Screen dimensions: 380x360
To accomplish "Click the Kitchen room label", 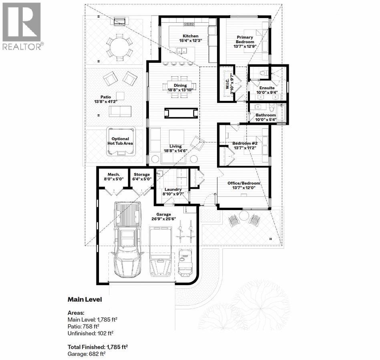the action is (x=191, y=36).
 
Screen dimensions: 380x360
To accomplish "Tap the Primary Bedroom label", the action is (x=245, y=40).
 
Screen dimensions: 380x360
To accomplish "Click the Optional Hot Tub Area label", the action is (x=120, y=141).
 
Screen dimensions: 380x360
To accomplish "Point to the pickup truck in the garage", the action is (x=127, y=239).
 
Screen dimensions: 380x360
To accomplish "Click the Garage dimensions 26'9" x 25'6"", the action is (x=164, y=219).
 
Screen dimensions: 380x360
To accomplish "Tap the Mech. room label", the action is (x=114, y=174).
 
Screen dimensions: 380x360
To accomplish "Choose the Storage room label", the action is (x=142, y=174).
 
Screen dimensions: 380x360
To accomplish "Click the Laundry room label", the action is (x=173, y=189).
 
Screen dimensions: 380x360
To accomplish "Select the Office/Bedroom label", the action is (x=243, y=183).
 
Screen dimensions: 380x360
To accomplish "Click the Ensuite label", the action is (x=267, y=88).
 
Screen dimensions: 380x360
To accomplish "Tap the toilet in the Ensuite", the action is (x=264, y=73).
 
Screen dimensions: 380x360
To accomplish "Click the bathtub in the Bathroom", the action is (x=281, y=112).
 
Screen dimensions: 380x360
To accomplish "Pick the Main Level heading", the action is (x=84, y=300).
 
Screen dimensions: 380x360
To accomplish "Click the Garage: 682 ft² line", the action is (x=86, y=354).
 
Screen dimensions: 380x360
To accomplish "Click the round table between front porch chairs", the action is (x=244, y=216).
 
